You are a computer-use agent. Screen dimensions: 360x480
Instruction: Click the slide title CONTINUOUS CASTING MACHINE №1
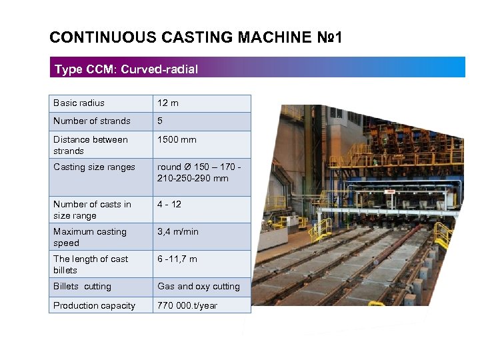point(196,37)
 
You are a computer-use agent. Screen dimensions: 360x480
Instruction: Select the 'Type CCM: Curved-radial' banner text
point(126,69)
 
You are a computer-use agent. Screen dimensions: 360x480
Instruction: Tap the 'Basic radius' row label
point(79,103)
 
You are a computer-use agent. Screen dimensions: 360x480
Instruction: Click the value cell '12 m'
point(168,103)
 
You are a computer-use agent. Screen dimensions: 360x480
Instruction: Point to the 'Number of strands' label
point(92,121)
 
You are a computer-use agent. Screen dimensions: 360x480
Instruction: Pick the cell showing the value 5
point(160,121)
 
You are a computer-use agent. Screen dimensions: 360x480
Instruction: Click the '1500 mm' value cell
point(177,140)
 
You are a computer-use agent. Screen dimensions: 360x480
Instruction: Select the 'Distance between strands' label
point(90,145)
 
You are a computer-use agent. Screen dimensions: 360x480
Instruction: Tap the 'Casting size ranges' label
point(94,167)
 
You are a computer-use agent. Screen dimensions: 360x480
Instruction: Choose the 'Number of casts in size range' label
point(92,210)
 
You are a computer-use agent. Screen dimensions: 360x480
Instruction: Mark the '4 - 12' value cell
point(169,205)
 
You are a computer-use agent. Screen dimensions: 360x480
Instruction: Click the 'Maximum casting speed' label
point(89,237)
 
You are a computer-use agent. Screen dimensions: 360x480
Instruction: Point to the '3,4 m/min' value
point(178,232)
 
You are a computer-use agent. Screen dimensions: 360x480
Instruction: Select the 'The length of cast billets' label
point(91,265)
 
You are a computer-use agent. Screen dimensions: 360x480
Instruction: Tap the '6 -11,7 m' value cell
point(177,259)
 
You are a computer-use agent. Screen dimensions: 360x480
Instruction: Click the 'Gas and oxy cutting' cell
point(198,287)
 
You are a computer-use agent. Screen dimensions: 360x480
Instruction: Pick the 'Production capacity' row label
point(94,306)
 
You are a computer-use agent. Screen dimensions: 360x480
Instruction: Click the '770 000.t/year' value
point(187,306)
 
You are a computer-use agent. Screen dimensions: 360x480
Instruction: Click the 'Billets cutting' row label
point(82,287)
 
